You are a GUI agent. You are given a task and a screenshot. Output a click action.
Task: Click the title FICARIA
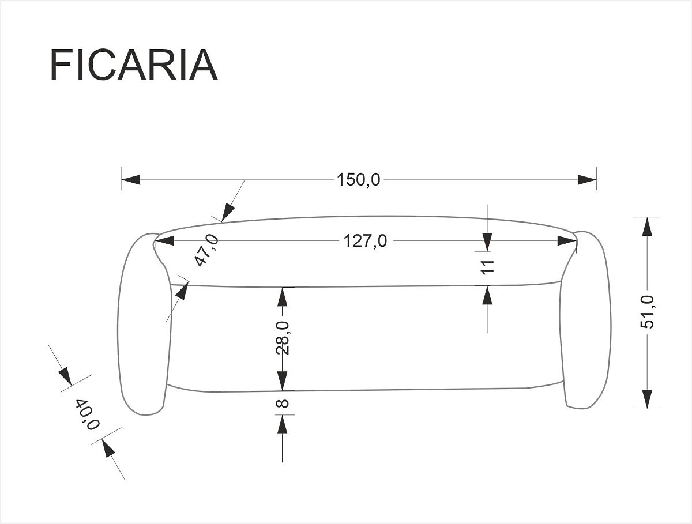tap(134, 65)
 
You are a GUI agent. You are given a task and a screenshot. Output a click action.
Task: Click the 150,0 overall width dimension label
tap(359, 180)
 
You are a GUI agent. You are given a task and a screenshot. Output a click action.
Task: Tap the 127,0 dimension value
tap(365, 241)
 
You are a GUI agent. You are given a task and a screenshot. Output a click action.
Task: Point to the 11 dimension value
tap(488, 267)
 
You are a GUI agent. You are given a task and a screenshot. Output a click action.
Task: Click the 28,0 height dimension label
tap(283, 338)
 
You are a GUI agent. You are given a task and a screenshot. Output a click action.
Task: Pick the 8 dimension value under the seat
tap(283, 404)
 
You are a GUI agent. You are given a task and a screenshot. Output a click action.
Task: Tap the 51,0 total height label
tap(647, 312)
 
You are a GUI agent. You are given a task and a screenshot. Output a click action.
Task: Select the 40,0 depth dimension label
tap(87, 414)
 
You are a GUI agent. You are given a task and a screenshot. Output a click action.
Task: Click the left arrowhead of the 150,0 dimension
tap(131, 180)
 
